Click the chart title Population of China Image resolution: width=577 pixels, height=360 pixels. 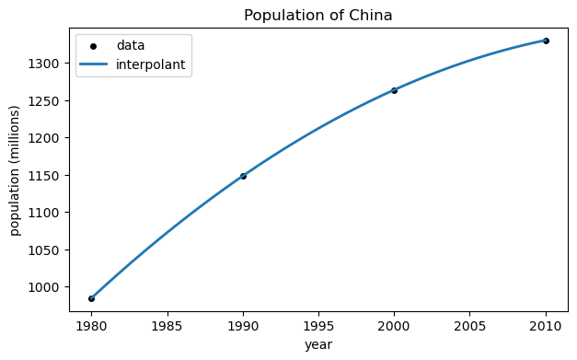click(x=317, y=15)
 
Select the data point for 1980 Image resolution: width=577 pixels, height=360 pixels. click(x=91, y=298)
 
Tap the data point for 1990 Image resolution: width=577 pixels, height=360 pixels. click(x=243, y=176)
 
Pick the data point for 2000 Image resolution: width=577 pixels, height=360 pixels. click(x=394, y=90)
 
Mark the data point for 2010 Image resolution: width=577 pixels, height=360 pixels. click(x=546, y=41)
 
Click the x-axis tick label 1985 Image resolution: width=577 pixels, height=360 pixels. click(x=167, y=325)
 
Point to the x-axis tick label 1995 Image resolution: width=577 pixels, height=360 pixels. click(x=318, y=325)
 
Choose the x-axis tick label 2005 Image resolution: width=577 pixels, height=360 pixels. click(x=470, y=325)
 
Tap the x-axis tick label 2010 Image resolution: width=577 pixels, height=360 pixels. click(x=546, y=325)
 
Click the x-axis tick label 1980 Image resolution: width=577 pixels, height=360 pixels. click(x=91, y=325)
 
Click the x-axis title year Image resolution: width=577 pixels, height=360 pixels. click(x=318, y=344)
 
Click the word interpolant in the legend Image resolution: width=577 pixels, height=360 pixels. click(x=153, y=64)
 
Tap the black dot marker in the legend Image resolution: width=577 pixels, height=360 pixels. click(x=94, y=46)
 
